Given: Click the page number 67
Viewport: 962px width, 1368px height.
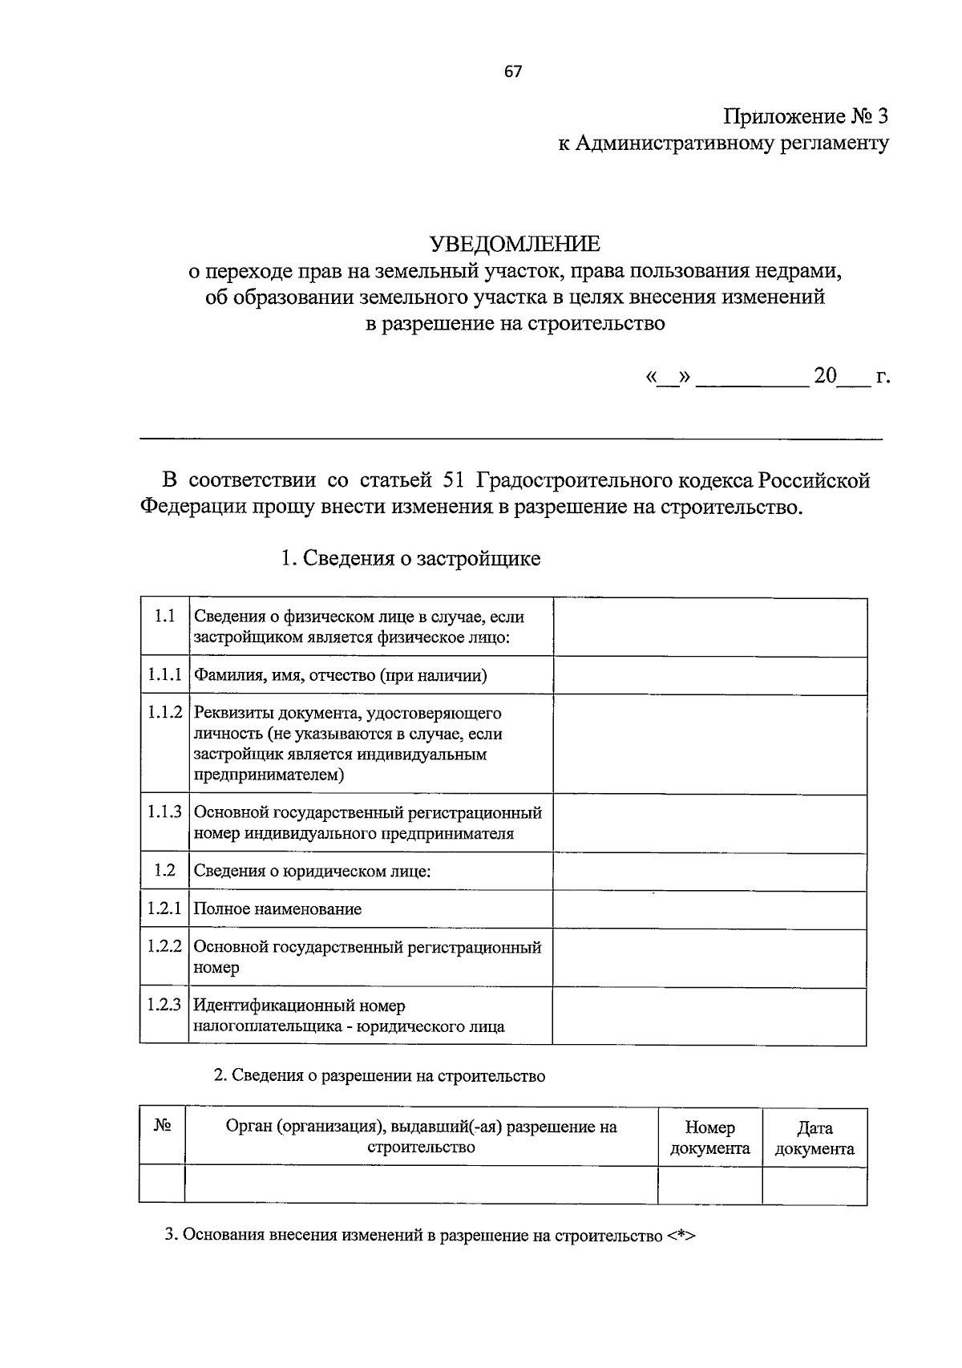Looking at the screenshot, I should tap(513, 72).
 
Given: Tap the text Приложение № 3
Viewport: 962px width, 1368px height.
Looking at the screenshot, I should tap(806, 117).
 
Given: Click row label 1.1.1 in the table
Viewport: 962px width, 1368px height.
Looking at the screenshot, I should tap(165, 675).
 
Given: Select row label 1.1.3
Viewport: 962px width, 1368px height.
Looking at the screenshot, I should tap(165, 811).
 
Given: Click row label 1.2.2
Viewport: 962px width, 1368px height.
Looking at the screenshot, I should tap(165, 946).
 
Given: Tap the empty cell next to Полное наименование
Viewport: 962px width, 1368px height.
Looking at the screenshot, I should tap(709, 909).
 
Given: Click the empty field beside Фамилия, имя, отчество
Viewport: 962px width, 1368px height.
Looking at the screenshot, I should tap(709, 675).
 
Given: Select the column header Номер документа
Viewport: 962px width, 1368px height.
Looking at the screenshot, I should tap(709, 1137).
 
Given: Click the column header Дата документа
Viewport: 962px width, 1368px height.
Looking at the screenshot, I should tap(814, 1137).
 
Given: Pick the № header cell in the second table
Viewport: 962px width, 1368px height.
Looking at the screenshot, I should tap(163, 1127).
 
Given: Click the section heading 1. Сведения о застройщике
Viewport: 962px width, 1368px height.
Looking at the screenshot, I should tap(410, 558).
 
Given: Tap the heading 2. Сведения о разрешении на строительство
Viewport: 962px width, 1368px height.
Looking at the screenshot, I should tap(379, 1076).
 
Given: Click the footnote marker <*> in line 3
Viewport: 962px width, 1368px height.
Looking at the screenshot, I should tap(680, 1236).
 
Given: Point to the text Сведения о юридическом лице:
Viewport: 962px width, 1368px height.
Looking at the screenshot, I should tap(313, 871).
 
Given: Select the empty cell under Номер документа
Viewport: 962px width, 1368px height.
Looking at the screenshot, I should tap(709, 1184).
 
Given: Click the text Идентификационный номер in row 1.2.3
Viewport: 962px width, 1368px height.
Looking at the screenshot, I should tap(300, 1006).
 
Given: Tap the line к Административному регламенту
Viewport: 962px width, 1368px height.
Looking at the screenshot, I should tap(724, 144).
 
